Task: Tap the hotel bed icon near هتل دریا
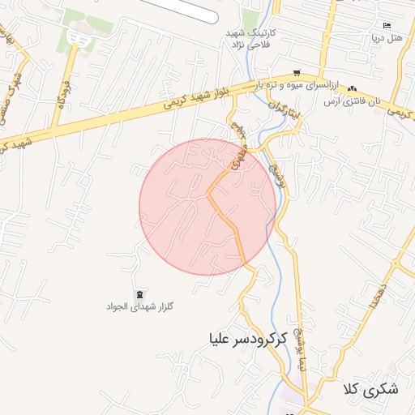[386, 25]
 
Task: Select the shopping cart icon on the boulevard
[297, 73]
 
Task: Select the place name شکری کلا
[371, 389]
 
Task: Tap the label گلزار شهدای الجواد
[140, 307]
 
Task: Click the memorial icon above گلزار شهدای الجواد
[139, 293]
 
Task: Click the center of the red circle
[207, 206]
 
